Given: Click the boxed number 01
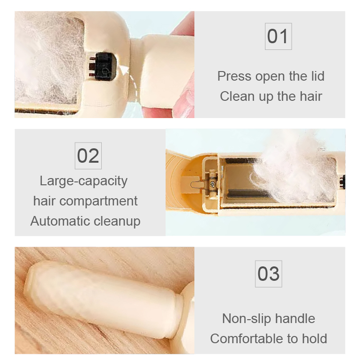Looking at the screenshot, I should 278,36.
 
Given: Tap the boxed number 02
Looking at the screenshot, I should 88,156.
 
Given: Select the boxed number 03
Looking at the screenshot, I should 268,274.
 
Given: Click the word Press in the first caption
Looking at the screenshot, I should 235,76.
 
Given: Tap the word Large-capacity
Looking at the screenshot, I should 84,181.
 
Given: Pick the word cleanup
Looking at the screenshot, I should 118,221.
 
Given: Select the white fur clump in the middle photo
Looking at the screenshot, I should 293,166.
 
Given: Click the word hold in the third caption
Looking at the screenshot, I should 314,338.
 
